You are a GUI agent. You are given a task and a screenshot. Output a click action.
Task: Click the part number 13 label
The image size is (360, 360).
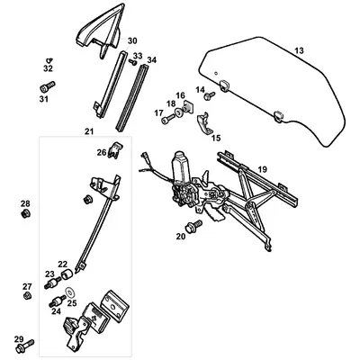(300, 50)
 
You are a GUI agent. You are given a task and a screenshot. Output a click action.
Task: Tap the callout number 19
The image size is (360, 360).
(263, 169)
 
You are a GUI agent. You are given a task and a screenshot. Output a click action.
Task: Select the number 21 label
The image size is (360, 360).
(89, 132)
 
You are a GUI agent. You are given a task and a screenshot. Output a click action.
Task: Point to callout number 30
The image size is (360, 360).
(132, 41)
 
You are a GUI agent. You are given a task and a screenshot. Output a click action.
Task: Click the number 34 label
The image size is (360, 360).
(151, 60)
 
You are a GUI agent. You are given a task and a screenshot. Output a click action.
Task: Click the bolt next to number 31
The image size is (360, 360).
(47, 87)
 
